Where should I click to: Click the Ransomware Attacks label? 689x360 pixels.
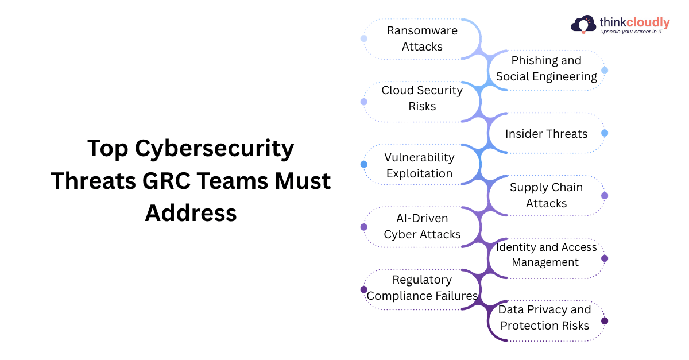tap(422, 38)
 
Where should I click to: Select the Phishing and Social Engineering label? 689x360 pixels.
tap(547, 68)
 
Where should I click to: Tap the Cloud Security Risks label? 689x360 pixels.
tap(422, 98)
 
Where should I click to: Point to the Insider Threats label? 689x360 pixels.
tap(546, 134)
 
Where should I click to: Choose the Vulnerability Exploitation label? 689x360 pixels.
tap(419, 165)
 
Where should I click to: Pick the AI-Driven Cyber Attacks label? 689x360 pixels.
tap(422, 226)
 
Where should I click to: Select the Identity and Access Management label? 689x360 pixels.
tap(546, 254)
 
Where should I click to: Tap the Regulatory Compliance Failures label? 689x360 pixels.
tap(422, 288)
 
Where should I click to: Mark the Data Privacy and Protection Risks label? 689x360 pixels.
tap(544, 318)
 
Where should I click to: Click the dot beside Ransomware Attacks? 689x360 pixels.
tap(363, 38)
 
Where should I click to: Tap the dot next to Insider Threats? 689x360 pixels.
tap(605, 133)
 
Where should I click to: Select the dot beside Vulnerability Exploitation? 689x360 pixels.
tap(363, 164)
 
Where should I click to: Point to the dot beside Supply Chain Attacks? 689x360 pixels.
tap(605, 196)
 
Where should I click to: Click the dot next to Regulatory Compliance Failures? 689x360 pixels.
tap(363, 289)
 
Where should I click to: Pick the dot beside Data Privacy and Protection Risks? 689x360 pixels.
tap(605, 321)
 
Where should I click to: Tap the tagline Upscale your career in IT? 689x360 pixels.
tap(631, 32)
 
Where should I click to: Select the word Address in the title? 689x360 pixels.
tap(191, 212)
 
